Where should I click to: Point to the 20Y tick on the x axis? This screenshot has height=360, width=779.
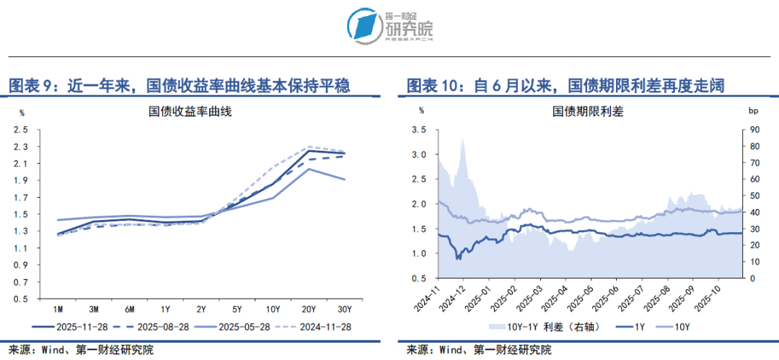309,309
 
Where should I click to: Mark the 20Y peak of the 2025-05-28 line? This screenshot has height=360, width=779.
309,169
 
